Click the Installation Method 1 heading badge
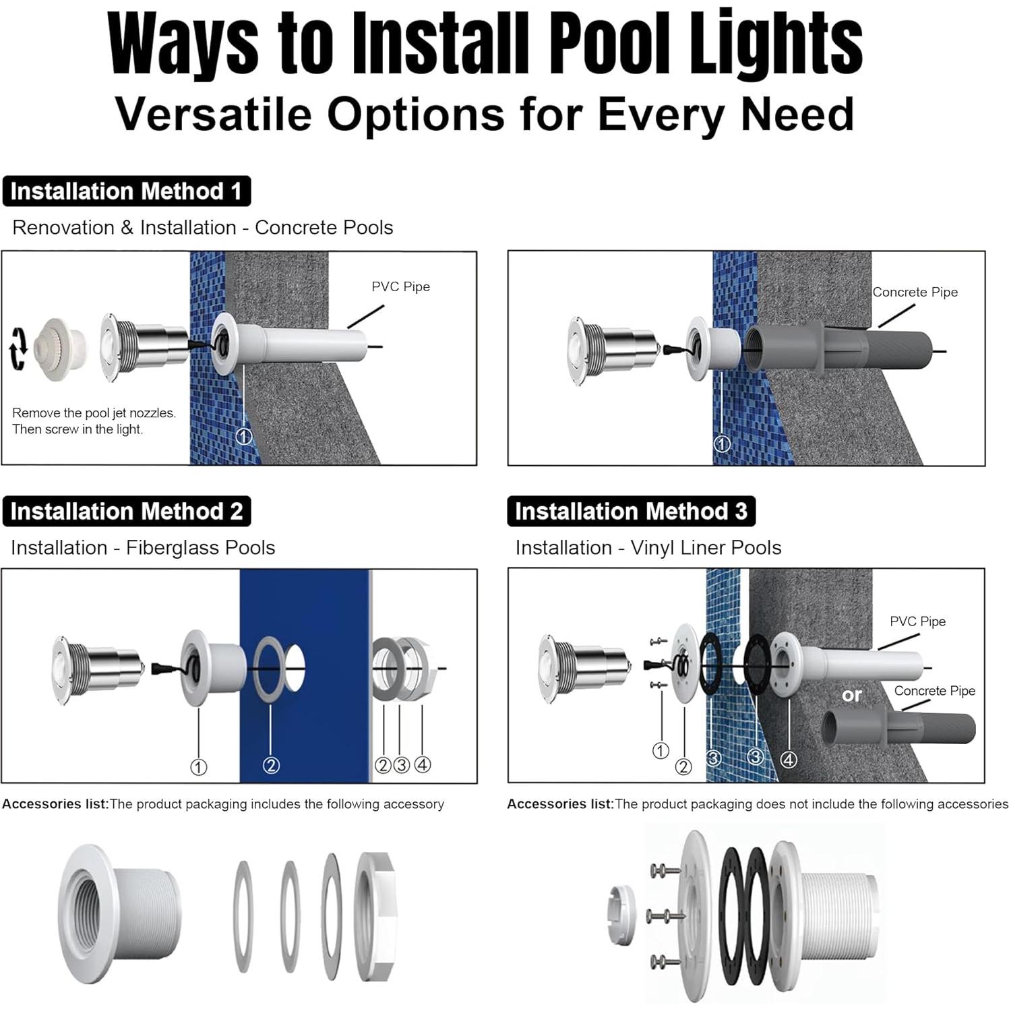tap(126, 191)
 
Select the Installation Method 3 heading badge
tap(631, 512)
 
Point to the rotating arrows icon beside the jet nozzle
tap(18, 348)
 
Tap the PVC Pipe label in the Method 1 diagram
tap(400, 286)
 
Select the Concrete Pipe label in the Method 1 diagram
tap(915, 292)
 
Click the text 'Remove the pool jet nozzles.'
tap(94, 412)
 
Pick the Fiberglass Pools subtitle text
tap(200, 547)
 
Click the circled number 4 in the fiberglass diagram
tap(423, 764)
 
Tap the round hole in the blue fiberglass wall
tap(295, 668)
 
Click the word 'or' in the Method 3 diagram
tap(851, 694)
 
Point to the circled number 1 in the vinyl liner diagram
tap(661, 750)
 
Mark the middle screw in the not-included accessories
tap(664, 915)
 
